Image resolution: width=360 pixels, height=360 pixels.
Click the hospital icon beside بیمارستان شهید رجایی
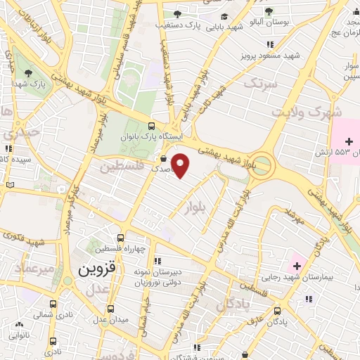coord(297,266)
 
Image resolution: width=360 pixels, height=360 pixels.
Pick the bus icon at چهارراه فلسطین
coord(121,238)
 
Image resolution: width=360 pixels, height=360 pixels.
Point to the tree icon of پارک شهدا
coord(28,72)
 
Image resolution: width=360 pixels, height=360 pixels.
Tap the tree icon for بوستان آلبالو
coord(269,11)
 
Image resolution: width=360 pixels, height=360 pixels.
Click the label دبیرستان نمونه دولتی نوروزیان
coord(157,276)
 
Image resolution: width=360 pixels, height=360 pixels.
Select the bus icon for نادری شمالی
coord(54,304)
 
